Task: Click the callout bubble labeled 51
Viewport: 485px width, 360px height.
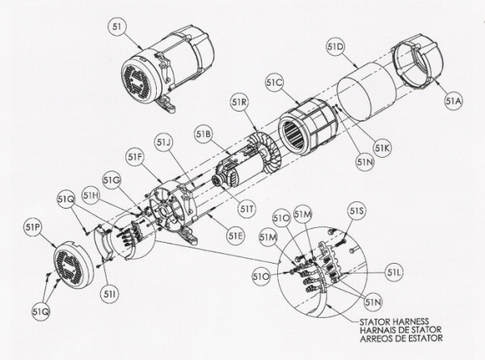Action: pos(117,27)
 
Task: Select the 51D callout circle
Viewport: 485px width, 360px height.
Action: pos(335,48)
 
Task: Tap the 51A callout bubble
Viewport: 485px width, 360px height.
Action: pos(454,101)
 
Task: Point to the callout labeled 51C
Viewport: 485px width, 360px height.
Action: pos(275,83)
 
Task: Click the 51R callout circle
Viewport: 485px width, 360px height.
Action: pos(239,102)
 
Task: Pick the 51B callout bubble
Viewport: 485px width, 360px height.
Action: pos(205,133)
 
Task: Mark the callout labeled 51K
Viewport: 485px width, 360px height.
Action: pos(382,148)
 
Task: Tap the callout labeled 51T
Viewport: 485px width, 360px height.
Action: pos(247,210)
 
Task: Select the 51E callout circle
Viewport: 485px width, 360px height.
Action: pos(236,236)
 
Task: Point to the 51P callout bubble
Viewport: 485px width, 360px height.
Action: pos(32,227)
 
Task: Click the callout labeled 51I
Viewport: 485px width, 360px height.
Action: pos(109,294)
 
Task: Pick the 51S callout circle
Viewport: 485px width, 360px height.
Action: pos(356,211)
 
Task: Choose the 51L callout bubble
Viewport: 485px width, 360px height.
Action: pos(394,273)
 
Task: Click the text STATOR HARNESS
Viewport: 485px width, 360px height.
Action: pos(394,322)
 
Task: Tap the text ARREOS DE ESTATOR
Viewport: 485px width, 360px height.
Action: pos(401,338)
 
